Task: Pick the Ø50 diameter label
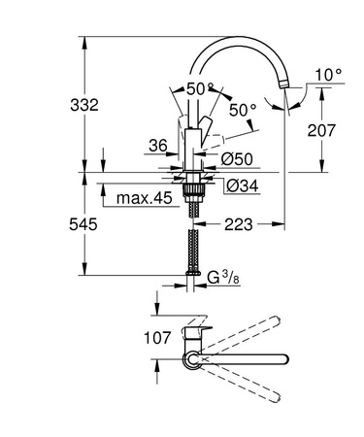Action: (x=237, y=157)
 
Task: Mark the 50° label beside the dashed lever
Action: (x=240, y=110)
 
